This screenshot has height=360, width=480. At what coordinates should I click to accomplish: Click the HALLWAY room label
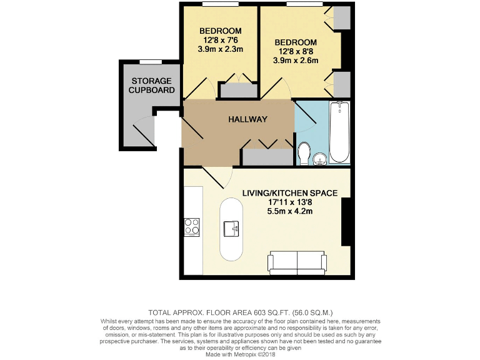coord(247,119)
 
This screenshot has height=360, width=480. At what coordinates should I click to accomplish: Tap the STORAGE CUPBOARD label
coord(152,86)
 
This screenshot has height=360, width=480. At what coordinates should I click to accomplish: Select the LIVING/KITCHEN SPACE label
coord(290,193)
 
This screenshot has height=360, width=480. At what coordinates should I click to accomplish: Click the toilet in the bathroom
coord(305,153)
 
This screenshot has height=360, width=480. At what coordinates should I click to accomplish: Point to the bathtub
coord(340,132)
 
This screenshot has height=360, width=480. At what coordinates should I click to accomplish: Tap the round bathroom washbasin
coord(320,159)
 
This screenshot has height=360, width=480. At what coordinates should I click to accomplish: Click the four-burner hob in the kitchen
coord(191,227)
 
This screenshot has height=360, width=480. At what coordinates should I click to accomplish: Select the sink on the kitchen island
coord(232,229)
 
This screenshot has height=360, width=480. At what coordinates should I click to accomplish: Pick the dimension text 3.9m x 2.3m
coord(220,49)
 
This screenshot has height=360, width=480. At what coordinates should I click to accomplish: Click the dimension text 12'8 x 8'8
coord(296,52)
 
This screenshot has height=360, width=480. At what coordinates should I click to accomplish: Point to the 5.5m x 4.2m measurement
coord(290,211)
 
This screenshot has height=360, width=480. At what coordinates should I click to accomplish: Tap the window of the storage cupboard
coord(150,61)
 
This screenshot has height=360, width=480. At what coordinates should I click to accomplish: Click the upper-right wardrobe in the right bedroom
coord(342,19)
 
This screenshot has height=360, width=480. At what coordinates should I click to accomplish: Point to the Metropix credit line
coord(240,354)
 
